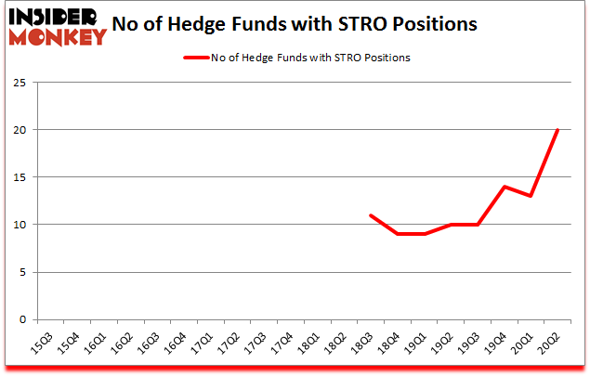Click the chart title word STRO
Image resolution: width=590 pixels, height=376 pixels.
[375, 23]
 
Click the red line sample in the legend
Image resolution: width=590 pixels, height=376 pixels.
[197, 58]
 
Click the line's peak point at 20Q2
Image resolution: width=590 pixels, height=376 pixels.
[557, 130]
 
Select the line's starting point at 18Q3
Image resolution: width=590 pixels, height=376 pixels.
[371, 215]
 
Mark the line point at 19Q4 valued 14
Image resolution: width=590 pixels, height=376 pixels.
[504, 187]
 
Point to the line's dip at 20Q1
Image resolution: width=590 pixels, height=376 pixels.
[530, 196]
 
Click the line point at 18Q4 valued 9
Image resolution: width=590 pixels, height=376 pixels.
[398, 234]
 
